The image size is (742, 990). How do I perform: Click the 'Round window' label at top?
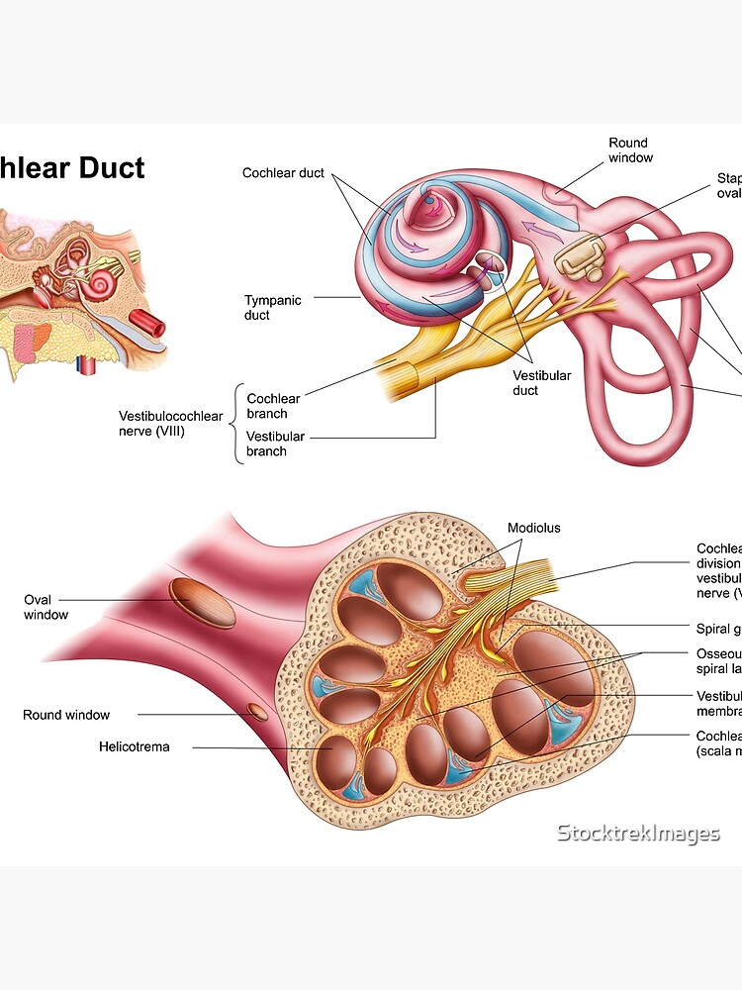tap(630, 150)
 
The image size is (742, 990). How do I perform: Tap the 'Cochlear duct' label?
tap(283, 173)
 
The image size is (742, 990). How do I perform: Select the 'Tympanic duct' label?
tap(272, 307)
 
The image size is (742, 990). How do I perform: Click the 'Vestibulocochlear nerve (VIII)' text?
tap(171, 423)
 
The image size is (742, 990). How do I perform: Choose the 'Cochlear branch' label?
tap(274, 406)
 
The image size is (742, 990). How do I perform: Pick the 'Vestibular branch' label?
tap(275, 444)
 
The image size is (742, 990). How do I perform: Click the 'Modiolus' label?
tap(533, 528)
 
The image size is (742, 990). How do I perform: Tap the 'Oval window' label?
tap(46, 607)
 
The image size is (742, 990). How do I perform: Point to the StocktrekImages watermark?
tap(638, 834)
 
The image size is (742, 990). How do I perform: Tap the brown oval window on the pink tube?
tap(202, 604)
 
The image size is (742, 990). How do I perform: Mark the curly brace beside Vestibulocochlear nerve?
tap(236, 424)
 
